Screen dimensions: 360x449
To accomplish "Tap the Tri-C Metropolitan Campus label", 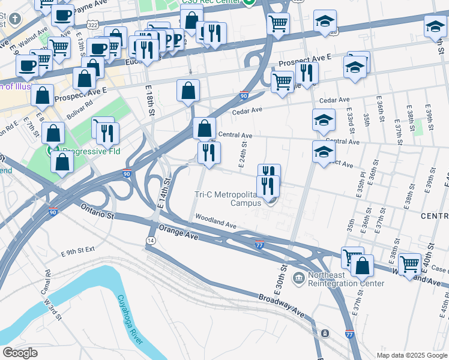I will [229, 199].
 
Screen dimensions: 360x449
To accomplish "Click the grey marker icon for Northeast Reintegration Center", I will [298, 278].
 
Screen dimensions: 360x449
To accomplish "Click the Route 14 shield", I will [149, 240].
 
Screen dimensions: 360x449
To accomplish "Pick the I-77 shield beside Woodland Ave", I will [259, 244].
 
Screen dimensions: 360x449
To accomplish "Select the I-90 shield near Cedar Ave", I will [244, 95].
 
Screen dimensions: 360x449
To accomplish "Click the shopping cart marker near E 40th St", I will [410, 263].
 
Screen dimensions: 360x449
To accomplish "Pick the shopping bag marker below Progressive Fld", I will [62, 161].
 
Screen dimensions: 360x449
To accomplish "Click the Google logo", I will [19, 353].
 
